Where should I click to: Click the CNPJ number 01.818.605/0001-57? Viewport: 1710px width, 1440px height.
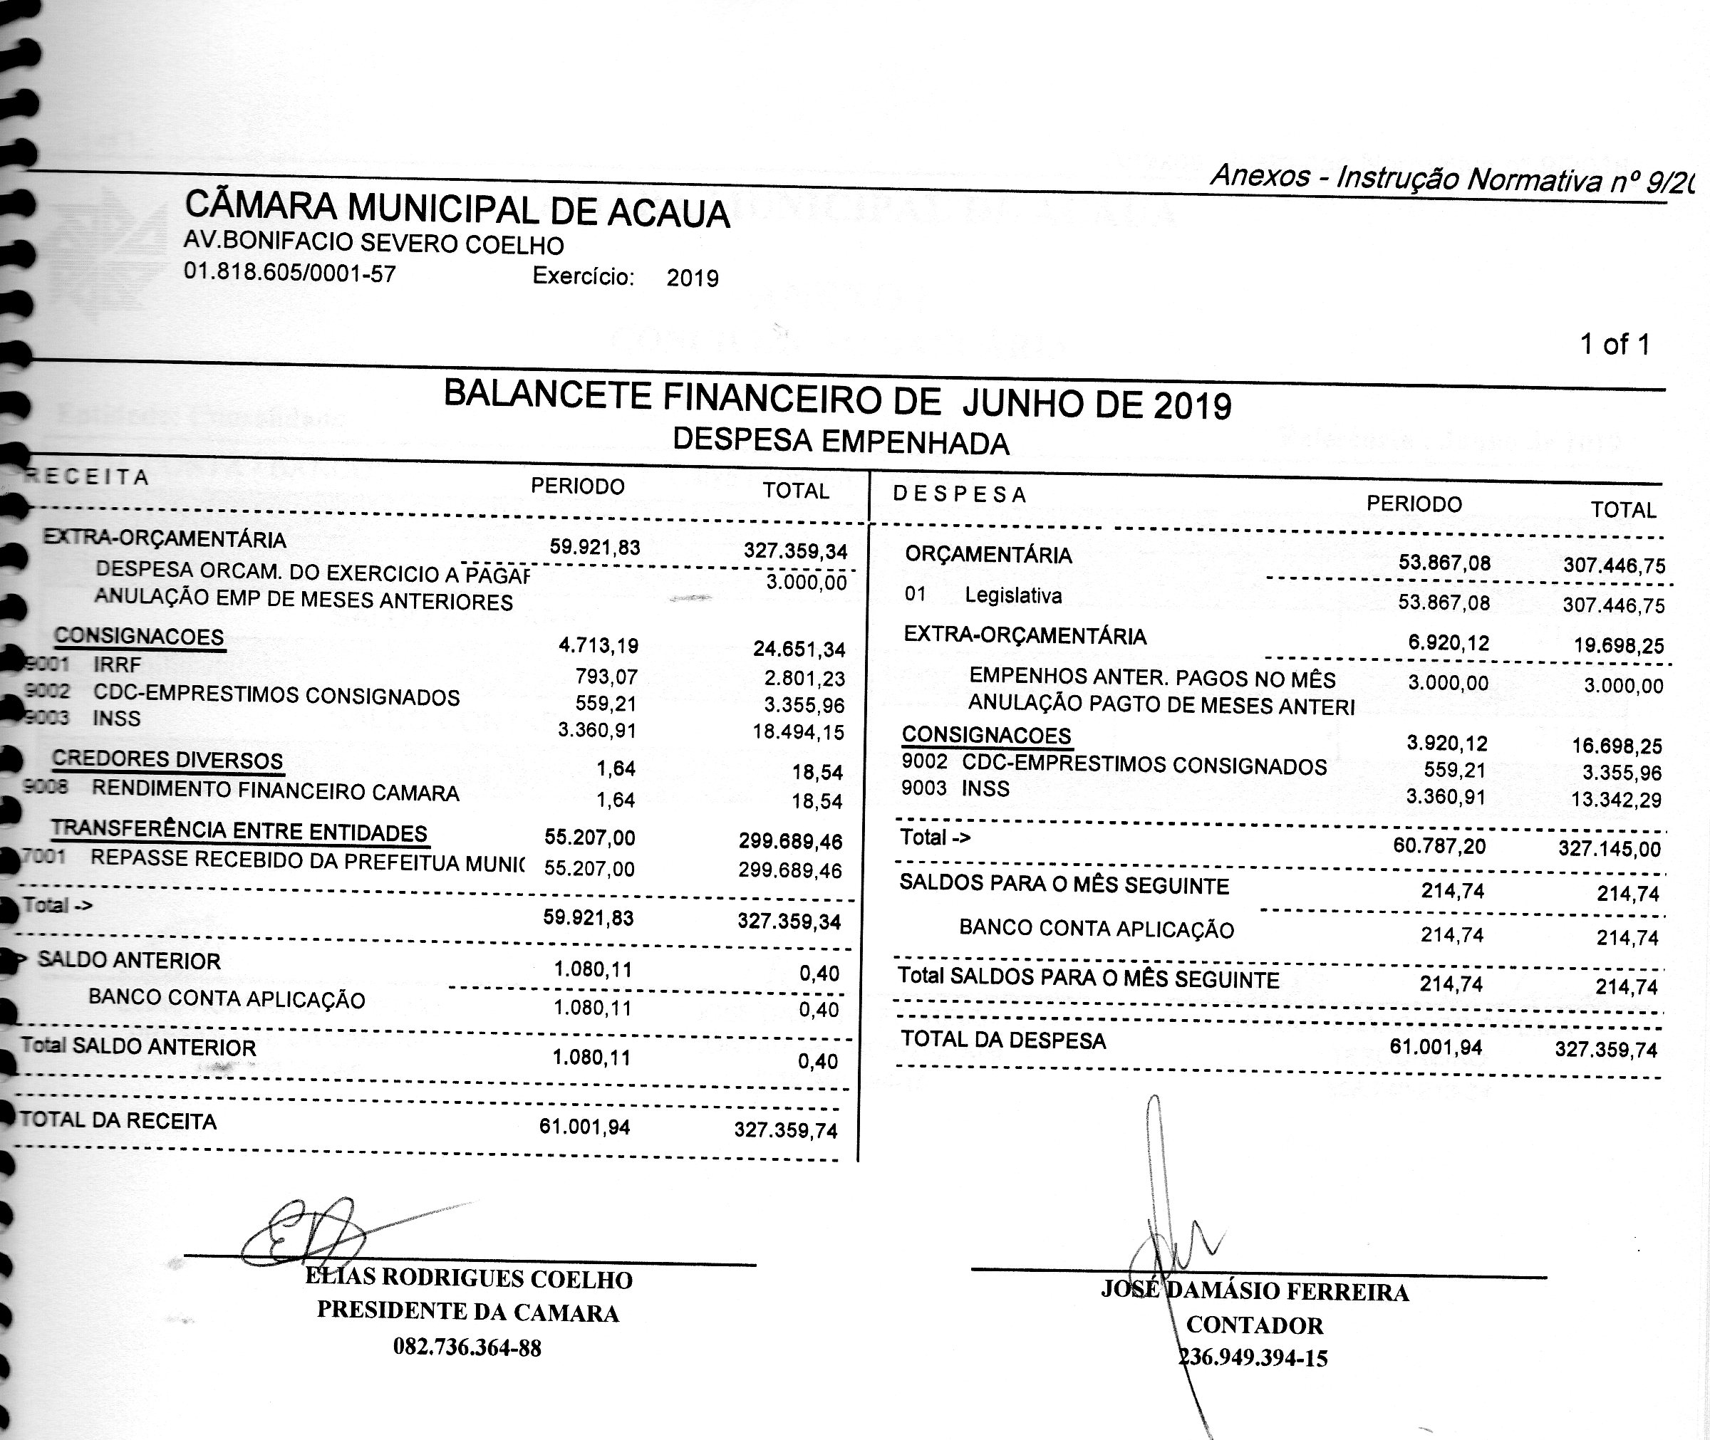[x=290, y=272]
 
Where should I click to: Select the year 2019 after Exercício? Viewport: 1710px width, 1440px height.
[x=693, y=278]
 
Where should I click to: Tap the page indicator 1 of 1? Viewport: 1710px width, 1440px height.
[x=1615, y=345]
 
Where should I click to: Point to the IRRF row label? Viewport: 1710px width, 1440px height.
[x=117, y=664]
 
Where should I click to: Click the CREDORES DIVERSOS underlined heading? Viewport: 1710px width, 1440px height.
[x=167, y=760]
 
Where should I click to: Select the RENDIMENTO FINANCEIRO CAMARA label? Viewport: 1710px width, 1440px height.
[x=275, y=791]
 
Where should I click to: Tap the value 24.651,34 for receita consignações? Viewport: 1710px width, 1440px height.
[x=799, y=649]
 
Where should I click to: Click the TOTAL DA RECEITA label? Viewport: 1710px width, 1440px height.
[x=118, y=1120]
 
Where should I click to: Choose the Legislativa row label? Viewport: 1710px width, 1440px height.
[x=1012, y=595]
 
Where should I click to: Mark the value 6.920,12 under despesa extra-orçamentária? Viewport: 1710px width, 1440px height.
[x=1448, y=642]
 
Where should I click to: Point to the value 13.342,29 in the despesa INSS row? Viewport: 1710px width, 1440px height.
[x=1616, y=798]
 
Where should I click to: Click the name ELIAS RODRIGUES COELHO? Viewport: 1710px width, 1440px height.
[x=469, y=1278]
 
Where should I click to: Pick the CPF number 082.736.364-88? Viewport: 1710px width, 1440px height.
[x=467, y=1347]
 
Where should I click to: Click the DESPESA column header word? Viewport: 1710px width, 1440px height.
[x=960, y=494]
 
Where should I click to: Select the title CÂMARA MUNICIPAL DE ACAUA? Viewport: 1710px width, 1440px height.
[x=457, y=210]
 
